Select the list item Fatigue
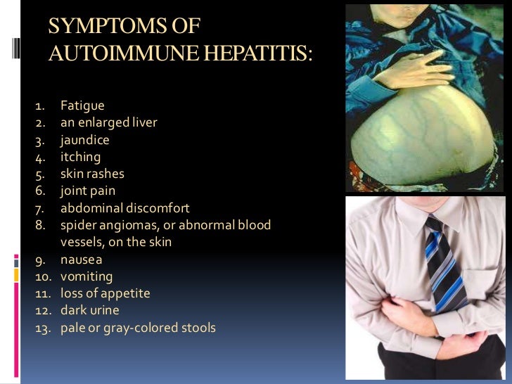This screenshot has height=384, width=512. point(82,105)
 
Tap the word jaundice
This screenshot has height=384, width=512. point(85,140)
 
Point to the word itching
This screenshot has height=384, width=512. point(80,157)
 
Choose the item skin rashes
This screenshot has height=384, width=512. point(92,174)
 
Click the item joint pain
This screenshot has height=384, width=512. point(88,191)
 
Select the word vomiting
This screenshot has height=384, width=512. point(86,276)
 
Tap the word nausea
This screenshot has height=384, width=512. point(81,260)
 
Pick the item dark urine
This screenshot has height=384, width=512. point(89,310)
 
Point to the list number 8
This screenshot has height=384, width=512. point(41,225)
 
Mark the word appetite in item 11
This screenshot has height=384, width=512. point(125,293)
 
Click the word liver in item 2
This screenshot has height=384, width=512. point(143,122)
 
